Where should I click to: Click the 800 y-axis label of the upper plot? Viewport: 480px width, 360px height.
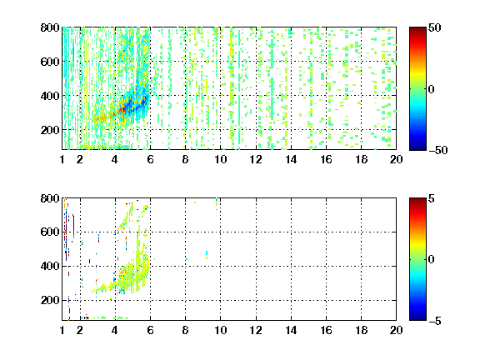50,27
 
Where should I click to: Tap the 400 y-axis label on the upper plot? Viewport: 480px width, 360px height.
50,96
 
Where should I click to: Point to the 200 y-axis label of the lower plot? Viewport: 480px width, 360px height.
50,300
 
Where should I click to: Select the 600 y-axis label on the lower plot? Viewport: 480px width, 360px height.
50,232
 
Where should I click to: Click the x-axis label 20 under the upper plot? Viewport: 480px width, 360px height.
396,159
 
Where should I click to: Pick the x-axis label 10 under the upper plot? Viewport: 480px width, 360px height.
220,159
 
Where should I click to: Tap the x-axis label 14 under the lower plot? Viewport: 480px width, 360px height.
291,330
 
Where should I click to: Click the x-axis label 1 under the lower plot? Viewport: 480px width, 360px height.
62,330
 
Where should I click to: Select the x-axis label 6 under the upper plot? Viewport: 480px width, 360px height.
150,159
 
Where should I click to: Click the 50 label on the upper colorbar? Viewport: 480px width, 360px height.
435,28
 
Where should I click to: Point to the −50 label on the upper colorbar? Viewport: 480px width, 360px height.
438,150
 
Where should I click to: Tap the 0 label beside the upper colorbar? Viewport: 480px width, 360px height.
432,89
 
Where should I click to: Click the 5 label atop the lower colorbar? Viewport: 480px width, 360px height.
432,198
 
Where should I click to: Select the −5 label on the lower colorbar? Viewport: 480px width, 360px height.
435,321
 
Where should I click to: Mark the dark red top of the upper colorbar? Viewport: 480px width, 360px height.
417,30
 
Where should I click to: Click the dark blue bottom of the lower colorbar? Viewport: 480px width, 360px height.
417,317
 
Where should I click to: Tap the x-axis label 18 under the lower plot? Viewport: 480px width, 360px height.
361,330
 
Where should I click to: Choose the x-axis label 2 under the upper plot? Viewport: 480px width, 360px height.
80,159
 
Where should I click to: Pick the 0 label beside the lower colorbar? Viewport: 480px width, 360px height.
432,260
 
